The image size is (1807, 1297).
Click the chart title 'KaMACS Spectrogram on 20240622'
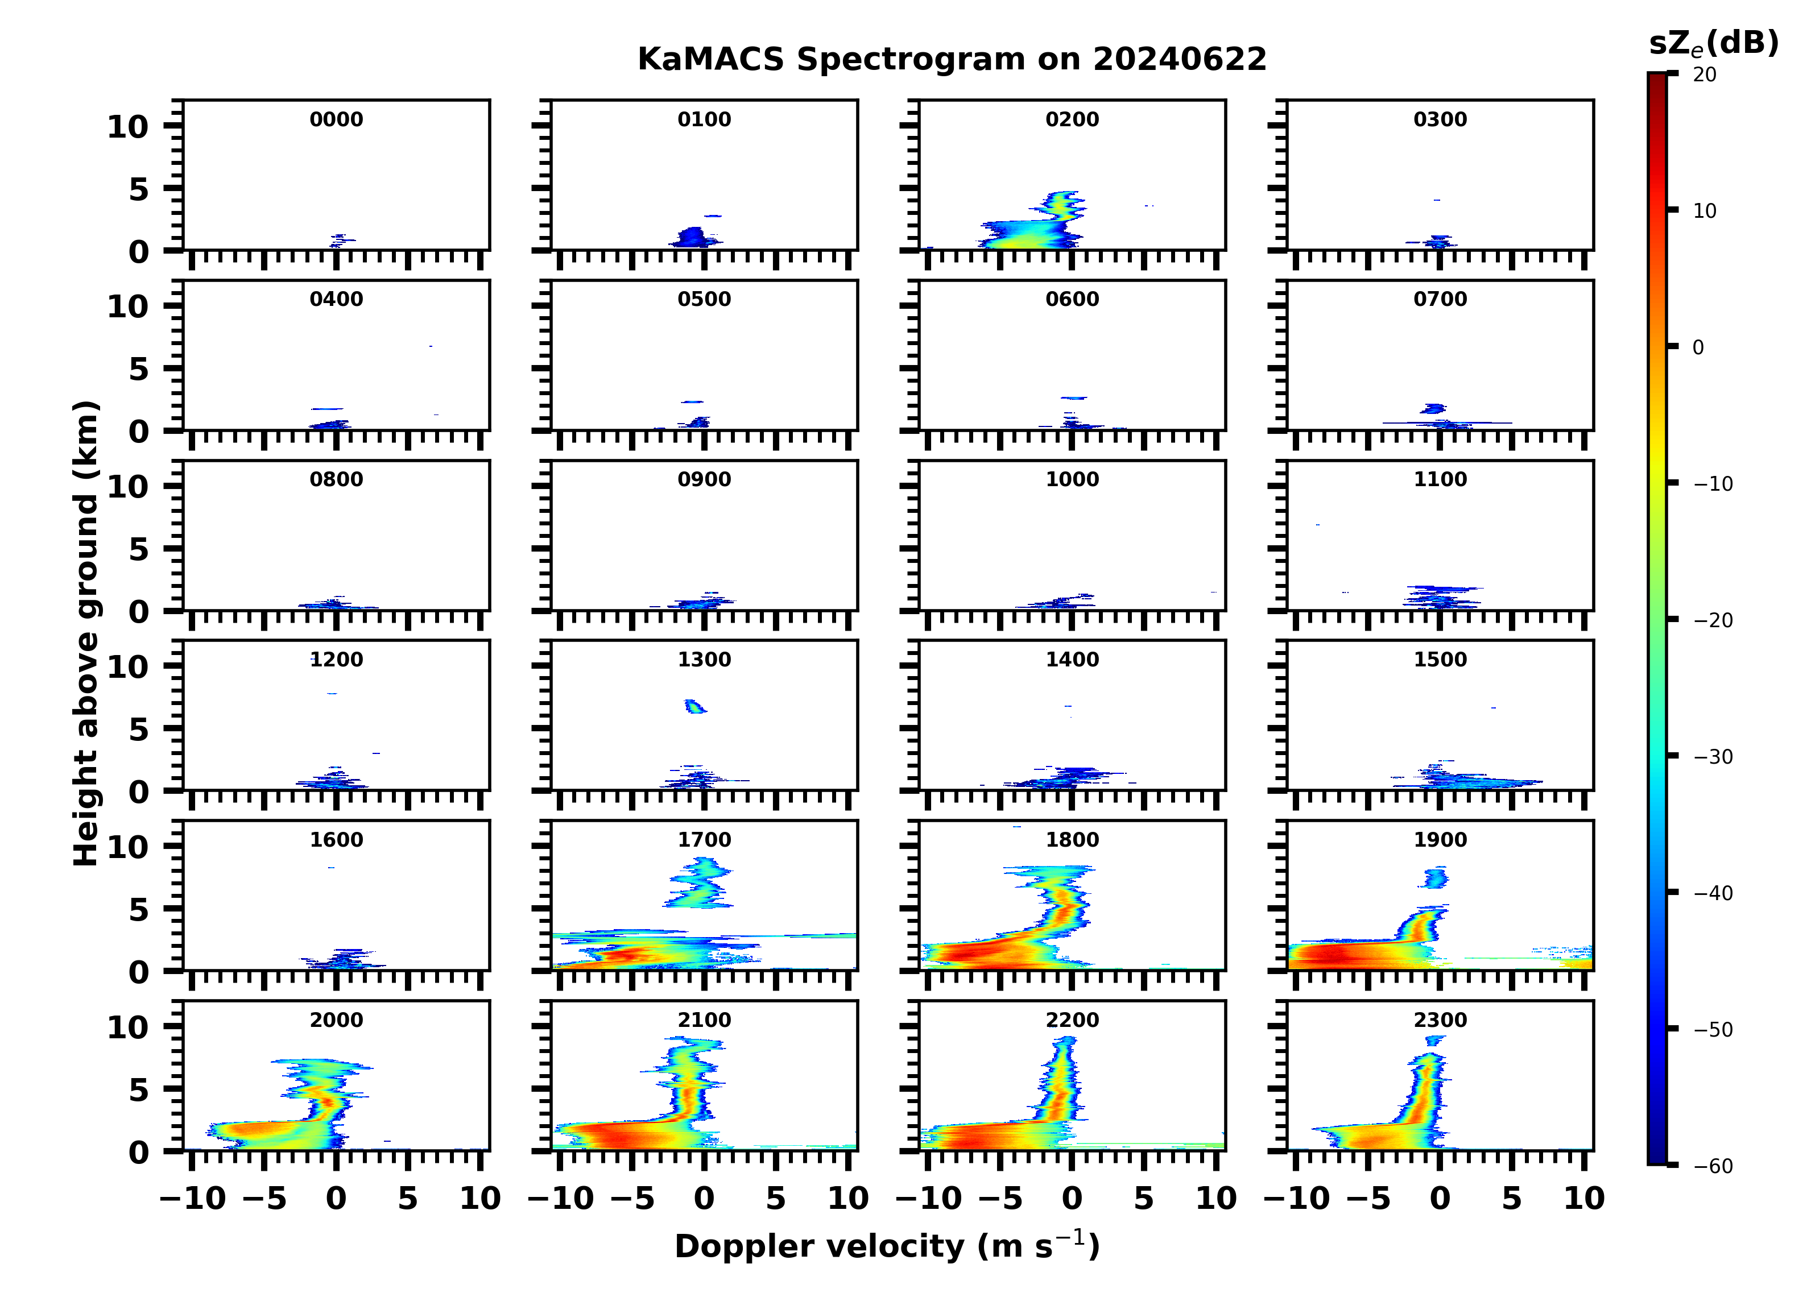(952, 60)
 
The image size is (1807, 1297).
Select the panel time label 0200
(1072, 119)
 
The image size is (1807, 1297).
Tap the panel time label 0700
(1440, 300)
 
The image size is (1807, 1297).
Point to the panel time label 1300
(704, 660)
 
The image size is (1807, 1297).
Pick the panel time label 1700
(704, 840)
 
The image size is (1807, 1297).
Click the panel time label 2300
(1440, 1020)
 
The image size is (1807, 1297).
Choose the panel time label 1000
(1072, 479)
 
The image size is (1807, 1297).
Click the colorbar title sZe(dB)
(1713, 44)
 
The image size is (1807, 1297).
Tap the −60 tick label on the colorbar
(1712, 1166)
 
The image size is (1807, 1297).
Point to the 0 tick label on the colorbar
(1698, 347)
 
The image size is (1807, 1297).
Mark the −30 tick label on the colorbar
(1712, 757)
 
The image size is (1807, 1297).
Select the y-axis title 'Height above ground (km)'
(86, 633)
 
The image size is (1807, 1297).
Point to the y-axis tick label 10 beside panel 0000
(127, 127)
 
